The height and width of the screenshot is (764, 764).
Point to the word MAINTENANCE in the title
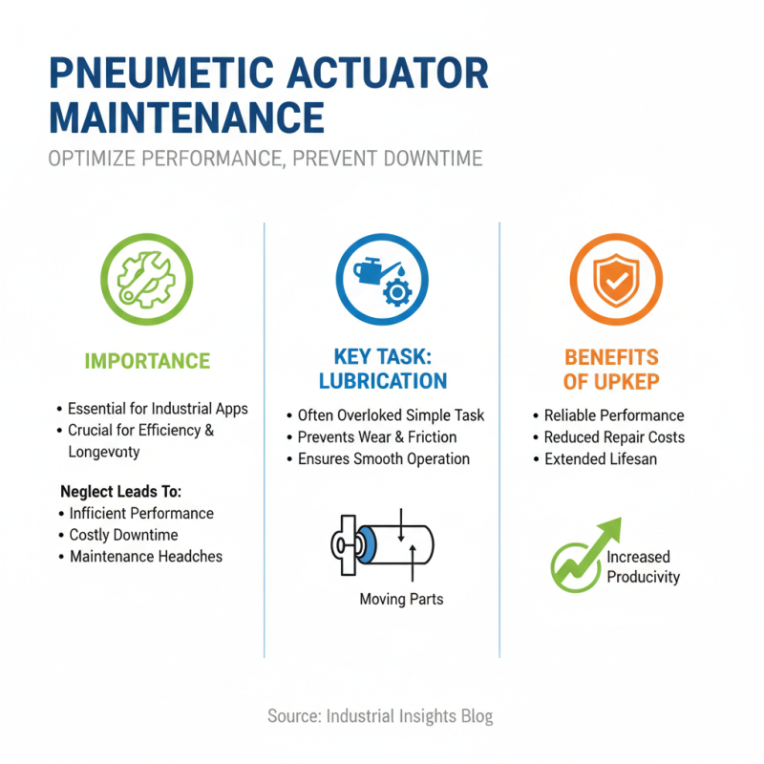pos(186,117)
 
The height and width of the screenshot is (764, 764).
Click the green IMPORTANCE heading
pos(147,361)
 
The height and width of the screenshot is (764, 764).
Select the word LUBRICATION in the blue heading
pos(383,381)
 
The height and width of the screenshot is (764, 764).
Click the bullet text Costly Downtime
pos(123,535)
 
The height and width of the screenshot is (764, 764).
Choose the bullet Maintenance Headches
pos(145,556)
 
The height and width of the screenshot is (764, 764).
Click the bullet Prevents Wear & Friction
pos(377,437)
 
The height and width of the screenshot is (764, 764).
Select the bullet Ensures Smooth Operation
pos(383,459)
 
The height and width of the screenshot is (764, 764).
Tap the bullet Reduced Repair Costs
pos(613,437)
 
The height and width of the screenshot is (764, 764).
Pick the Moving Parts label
pos(401,600)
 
